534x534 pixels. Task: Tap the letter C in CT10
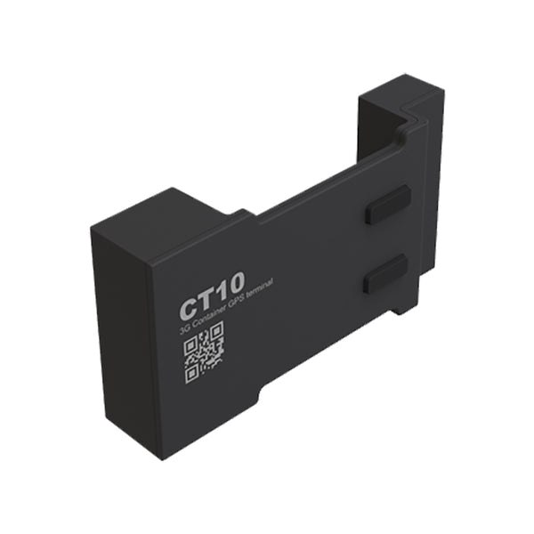point(188,308)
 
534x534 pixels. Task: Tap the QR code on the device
point(204,353)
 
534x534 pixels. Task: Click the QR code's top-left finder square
point(190,346)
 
